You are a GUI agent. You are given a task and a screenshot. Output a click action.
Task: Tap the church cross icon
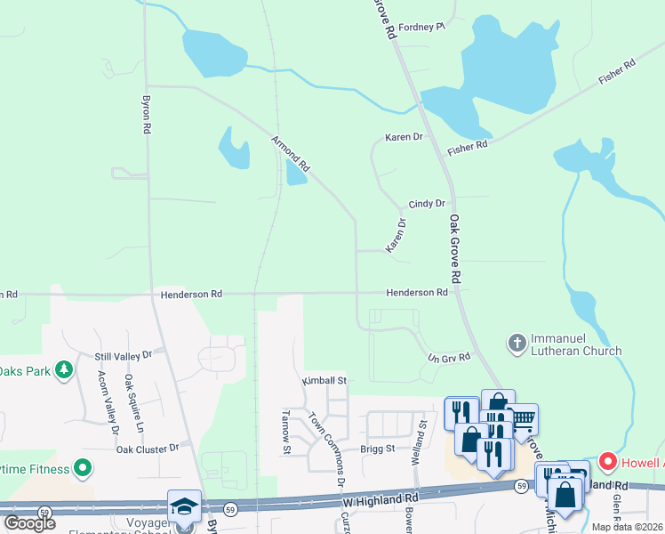[x=517, y=343]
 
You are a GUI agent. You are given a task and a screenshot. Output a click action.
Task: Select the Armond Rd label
[x=291, y=154]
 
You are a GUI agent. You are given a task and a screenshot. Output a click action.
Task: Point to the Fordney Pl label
[x=421, y=27]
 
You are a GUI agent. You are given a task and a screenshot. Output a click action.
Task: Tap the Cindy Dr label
[x=427, y=204]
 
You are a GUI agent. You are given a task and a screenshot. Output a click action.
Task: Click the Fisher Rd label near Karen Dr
[x=468, y=146]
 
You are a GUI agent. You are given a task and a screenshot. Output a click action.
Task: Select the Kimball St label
[x=324, y=380]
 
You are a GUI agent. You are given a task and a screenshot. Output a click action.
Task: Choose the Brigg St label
[x=377, y=449]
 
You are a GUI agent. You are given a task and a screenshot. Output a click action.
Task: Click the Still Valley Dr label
[x=124, y=355]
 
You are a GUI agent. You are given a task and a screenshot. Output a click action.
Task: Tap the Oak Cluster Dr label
[x=148, y=449]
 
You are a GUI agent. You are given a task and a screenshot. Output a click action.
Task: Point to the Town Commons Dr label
[x=326, y=449]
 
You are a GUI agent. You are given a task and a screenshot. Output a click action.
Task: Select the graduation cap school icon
[x=185, y=506]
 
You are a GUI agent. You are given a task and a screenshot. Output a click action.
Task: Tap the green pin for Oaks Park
[x=63, y=368]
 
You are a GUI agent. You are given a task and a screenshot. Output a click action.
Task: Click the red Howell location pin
[x=608, y=461]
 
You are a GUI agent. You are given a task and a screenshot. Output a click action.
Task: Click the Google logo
[x=29, y=523]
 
